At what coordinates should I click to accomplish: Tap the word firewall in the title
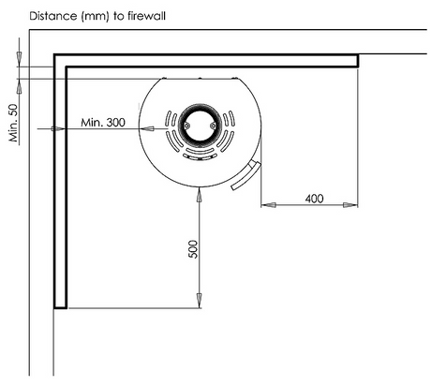[x=146, y=16]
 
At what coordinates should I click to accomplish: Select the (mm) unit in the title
[x=96, y=16]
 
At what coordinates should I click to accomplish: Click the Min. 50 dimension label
[x=14, y=123]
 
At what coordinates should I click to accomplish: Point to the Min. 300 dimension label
[x=103, y=122]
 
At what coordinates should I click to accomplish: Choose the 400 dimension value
[x=314, y=199]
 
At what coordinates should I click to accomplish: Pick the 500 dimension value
[x=193, y=249]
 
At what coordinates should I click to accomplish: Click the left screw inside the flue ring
[x=186, y=126]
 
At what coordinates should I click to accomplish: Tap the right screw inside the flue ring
[x=213, y=126]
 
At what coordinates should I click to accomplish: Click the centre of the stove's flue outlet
[x=200, y=126]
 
